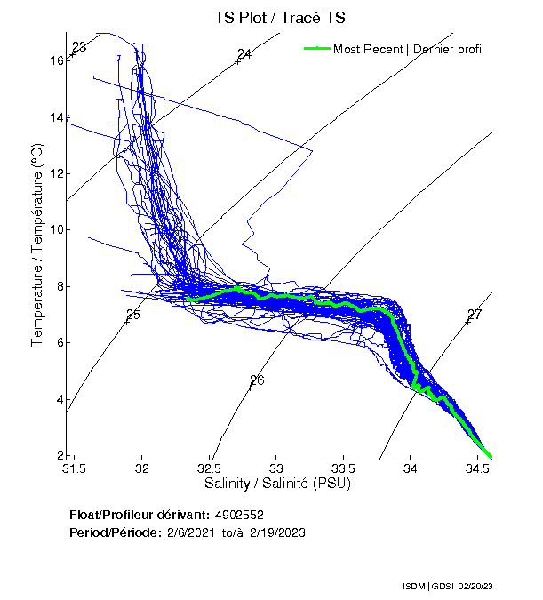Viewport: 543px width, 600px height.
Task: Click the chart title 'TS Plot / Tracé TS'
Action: pos(279,17)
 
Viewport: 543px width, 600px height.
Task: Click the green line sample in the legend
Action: pos(316,49)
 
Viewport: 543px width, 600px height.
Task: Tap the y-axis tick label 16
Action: pos(57,60)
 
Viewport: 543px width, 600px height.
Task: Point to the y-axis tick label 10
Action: pos(57,230)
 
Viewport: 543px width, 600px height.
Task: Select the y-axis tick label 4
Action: pos(60,399)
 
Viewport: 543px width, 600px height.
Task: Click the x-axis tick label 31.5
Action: pos(75,468)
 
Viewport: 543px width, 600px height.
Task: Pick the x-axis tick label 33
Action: pos(276,468)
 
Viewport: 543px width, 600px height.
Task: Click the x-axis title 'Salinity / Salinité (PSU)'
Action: pos(278,484)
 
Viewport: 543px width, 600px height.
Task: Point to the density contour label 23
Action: pos(79,47)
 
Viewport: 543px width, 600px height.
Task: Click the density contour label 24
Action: pos(244,55)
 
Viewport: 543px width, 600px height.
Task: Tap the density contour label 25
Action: pos(133,315)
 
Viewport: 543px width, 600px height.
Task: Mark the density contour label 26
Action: pos(258,380)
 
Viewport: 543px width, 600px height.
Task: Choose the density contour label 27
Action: pos(475,315)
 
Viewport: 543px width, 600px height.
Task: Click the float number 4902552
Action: pos(239,515)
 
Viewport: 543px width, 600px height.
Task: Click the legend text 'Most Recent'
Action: pos(368,49)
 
